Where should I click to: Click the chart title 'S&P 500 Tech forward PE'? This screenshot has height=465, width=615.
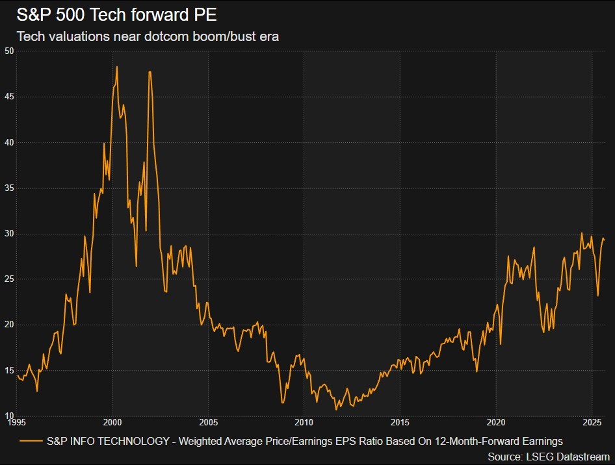tap(116, 15)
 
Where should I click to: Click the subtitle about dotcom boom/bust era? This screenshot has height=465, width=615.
tap(147, 36)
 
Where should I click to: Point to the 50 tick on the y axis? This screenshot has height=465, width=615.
tap(9, 51)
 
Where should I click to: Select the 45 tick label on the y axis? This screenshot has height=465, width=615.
tap(9, 97)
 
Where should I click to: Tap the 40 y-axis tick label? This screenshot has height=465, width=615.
tap(9, 142)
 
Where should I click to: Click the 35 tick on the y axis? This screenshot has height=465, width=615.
tap(9, 188)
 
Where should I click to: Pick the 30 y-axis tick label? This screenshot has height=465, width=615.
tap(9, 234)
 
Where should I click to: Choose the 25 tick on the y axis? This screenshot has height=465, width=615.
tap(9, 279)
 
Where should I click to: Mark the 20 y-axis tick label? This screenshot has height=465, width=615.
tap(9, 325)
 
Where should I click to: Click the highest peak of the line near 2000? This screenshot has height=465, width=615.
tap(117, 66)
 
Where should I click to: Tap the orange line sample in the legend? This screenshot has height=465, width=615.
tap(31, 440)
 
